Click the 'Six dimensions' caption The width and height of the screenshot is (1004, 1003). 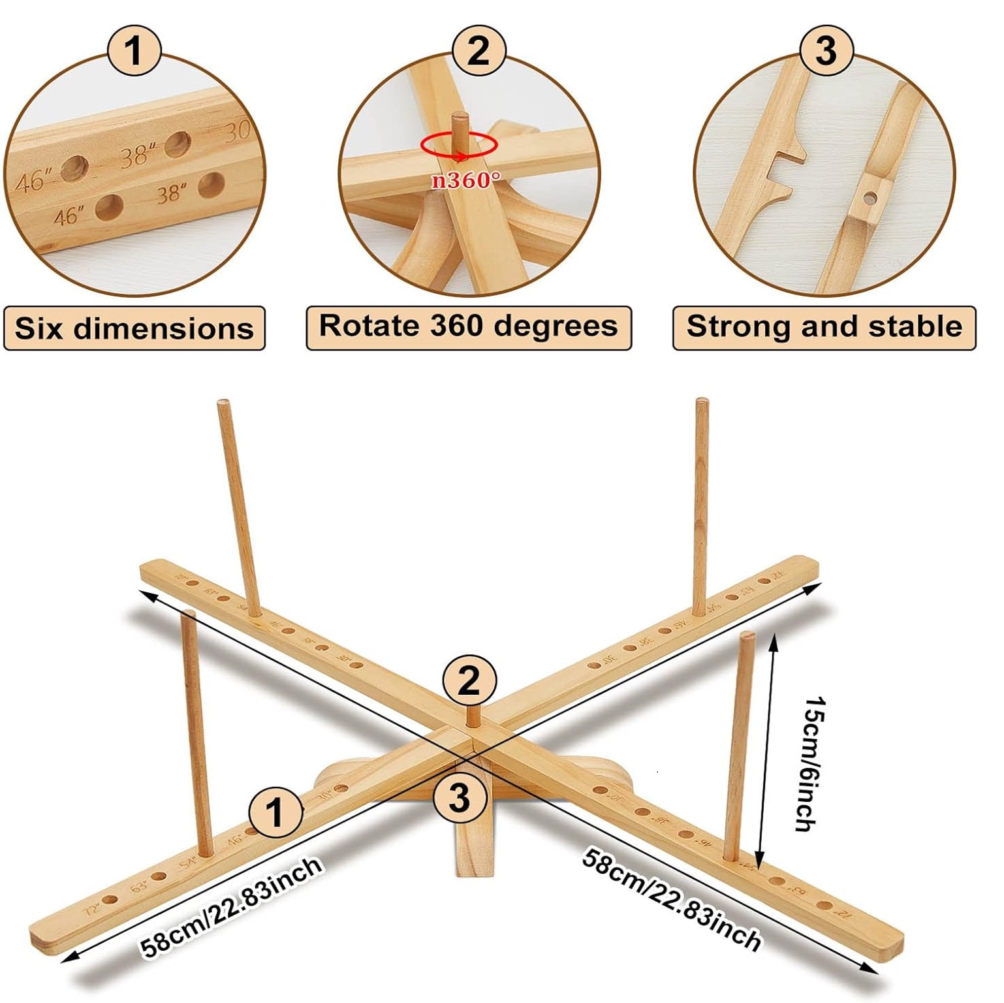pyautogui.click(x=134, y=328)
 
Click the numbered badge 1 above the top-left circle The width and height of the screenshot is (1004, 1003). pyautogui.click(x=134, y=52)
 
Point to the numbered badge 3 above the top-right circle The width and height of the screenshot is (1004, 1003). pyautogui.click(x=826, y=50)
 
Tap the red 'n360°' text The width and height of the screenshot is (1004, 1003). pyautogui.click(x=466, y=180)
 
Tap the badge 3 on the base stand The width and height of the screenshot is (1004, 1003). pyautogui.click(x=460, y=797)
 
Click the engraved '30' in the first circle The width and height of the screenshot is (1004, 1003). pyautogui.click(x=236, y=132)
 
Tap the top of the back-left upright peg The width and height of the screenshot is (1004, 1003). pyautogui.click(x=223, y=404)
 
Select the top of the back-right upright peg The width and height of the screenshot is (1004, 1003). pyautogui.click(x=702, y=402)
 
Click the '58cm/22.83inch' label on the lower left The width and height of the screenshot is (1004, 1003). pyautogui.click(x=232, y=908)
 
